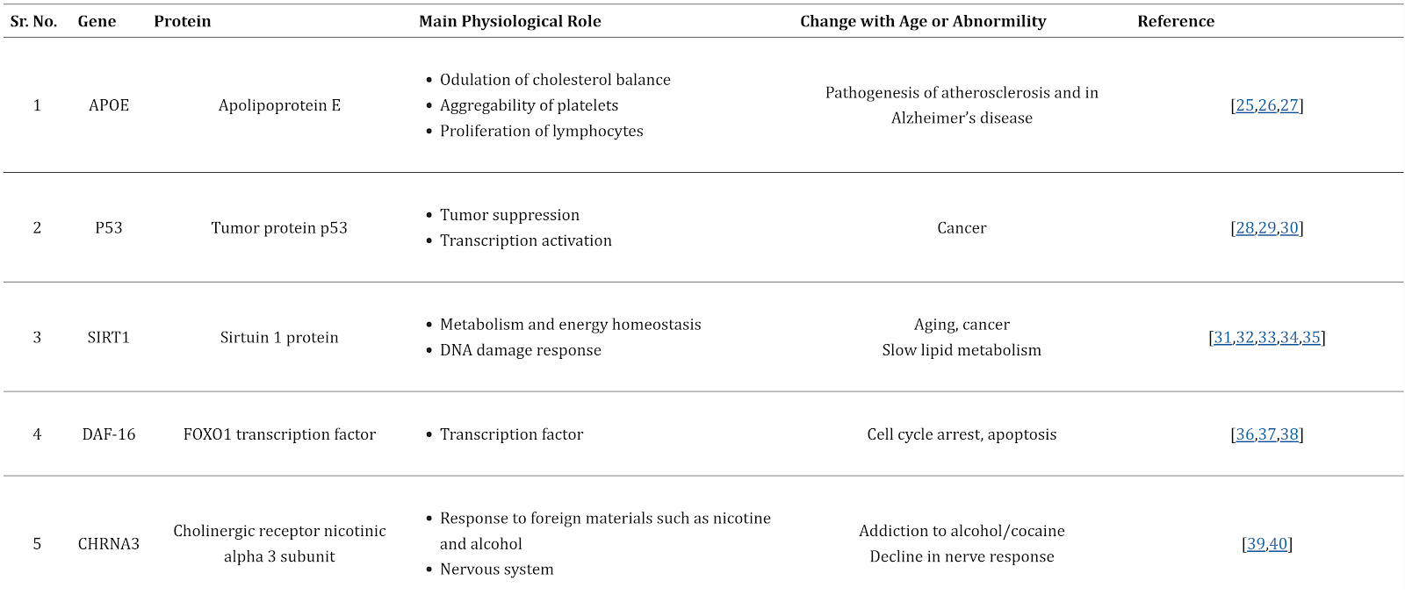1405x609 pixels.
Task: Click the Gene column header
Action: [x=97, y=21]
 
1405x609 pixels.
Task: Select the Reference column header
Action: [x=1175, y=21]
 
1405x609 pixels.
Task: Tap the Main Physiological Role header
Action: [x=509, y=21]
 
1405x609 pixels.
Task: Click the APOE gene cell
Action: [x=109, y=105]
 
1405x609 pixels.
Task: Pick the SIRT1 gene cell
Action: [x=109, y=338]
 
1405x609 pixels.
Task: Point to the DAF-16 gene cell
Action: [x=109, y=434]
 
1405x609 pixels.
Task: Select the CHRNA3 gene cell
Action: [x=109, y=544]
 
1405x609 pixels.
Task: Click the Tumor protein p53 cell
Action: [x=279, y=228]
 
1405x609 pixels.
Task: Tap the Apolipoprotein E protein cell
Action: [x=279, y=105]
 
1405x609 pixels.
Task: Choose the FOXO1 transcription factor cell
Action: [x=279, y=434]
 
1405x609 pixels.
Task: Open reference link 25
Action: [x=1245, y=105]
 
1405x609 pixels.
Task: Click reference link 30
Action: [x=1289, y=228]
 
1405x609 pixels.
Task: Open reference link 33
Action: [x=1267, y=338]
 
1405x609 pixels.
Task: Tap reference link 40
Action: [x=1278, y=544]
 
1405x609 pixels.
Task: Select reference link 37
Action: [x=1267, y=434]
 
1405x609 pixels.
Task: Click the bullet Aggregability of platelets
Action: [x=529, y=105]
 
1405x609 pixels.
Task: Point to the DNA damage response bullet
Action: [x=520, y=350]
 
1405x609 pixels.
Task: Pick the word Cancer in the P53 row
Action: [x=962, y=228]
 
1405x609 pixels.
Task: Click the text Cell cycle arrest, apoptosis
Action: [x=962, y=434]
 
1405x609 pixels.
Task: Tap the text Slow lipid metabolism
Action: [x=962, y=350]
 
